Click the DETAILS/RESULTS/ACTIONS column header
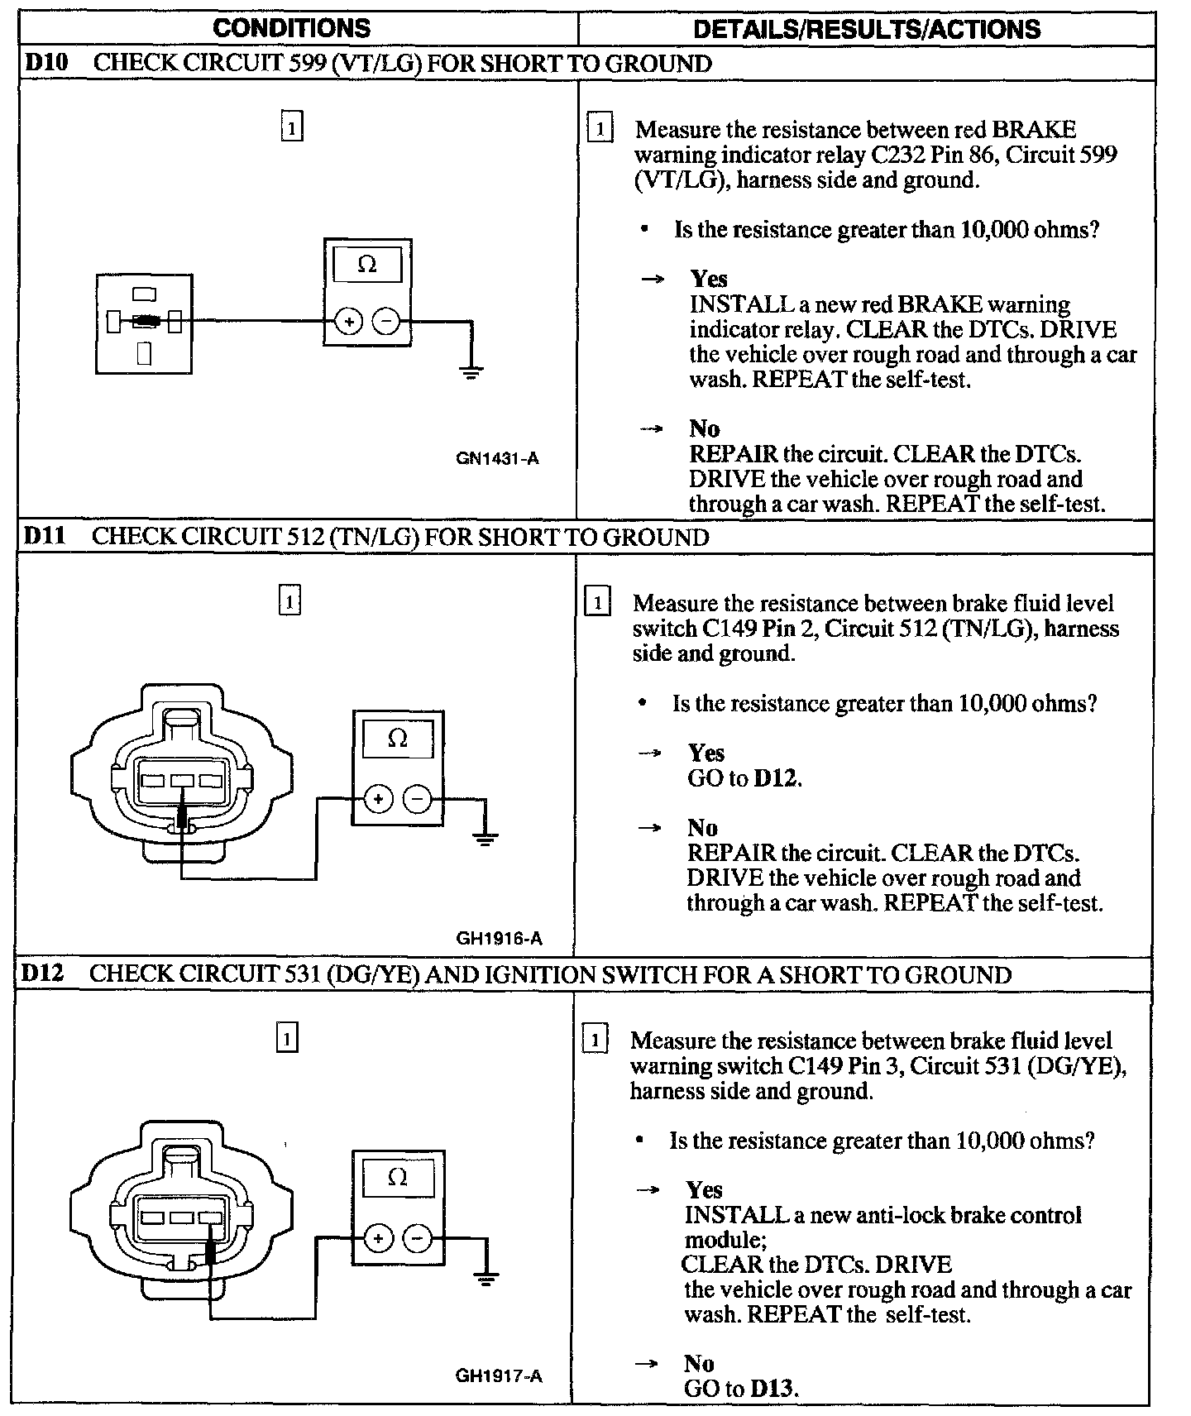coord(866,30)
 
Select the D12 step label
coord(43,973)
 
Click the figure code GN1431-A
coord(497,458)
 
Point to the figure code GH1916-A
coord(499,938)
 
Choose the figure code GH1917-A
coord(499,1376)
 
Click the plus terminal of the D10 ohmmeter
coord(349,321)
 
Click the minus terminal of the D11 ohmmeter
coord(417,799)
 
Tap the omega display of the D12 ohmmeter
coord(398,1177)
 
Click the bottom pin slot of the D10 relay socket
coord(145,353)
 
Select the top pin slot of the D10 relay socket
coord(144,294)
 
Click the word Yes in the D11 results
coord(706,753)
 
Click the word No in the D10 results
coord(704,428)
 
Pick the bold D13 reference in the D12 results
coord(773,1389)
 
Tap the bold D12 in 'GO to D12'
coord(777,778)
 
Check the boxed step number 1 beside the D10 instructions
coord(600,129)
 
